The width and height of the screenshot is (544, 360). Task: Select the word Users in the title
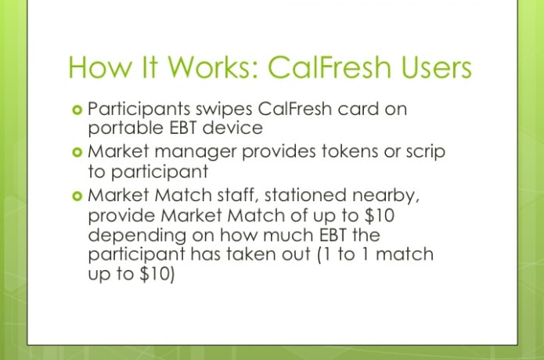click(437, 67)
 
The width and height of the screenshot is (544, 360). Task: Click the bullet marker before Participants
click(77, 110)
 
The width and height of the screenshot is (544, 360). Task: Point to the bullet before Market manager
click(77, 153)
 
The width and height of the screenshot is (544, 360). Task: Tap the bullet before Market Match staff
click(77, 196)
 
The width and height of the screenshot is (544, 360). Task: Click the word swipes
click(224, 110)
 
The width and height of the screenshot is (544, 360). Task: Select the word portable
click(125, 128)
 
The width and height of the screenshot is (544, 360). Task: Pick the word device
click(232, 128)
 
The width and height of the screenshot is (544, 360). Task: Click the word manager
click(195, 153)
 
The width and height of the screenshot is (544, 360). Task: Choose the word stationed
click(305, 195)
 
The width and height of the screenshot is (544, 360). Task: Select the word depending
click(137, 236)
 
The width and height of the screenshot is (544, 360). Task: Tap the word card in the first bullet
click(358, 109)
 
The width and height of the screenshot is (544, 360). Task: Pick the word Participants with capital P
click(139, 110)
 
